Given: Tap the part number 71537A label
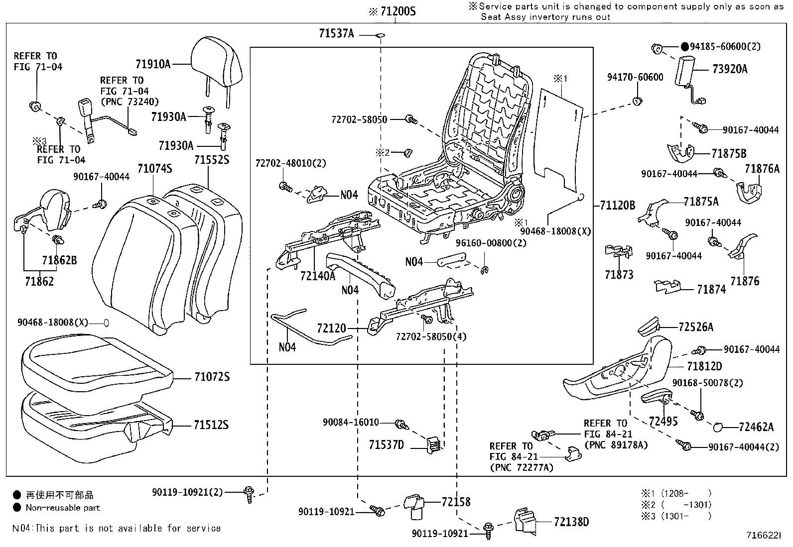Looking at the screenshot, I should (x=336, y=33).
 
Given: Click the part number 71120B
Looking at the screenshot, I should (x=617, y=205).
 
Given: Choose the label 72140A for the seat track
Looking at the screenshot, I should (x=318, y=276).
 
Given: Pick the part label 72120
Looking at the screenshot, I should (x=331, y=328).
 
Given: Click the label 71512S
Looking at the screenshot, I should (x=211, y=425).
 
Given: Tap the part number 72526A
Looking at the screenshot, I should (x=695, y=327).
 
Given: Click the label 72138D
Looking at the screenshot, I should (x=571, y=522).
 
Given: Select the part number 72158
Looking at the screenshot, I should (x=455, y=502).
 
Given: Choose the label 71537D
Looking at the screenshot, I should (x=386, y=444).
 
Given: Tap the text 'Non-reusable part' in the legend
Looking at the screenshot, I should (x=63, y=508).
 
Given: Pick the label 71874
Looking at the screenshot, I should (x=711, y=289).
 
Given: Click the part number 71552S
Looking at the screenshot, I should (x=212, y=160).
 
